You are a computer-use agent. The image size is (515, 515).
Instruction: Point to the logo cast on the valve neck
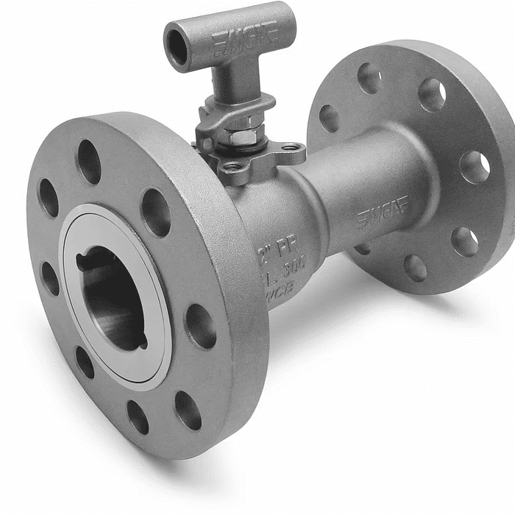tap(383, 211)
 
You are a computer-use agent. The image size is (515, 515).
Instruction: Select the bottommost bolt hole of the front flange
tap(138, 416)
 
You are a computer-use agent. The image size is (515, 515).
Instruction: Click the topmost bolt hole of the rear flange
tap(369, 77)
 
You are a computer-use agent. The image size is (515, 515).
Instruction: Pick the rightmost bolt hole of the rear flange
tap(475, 168)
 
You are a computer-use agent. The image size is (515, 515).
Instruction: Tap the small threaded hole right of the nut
tap(292, 147)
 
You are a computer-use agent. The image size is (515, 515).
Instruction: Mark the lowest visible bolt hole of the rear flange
tap(415, 268)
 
